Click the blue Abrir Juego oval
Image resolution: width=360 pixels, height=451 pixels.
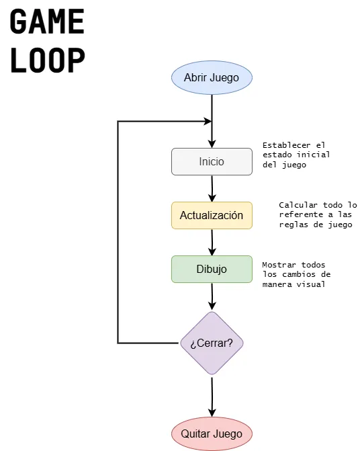click(x=212, y=77)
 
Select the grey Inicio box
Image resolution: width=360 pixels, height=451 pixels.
click(x=212, y=162)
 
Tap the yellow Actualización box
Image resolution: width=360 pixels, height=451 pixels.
click(x=212, y=216)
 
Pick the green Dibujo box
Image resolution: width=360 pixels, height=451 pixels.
click(x=212, y=269)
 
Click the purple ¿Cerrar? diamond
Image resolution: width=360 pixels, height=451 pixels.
click(x=212, y=343)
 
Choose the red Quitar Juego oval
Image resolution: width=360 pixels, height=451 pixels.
click(x=212, y=434)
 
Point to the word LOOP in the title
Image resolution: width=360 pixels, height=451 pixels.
click(x=47, y=60)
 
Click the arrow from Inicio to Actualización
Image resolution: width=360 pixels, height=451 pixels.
click(x=212, y=188)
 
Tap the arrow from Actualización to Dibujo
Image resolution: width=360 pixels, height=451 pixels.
click(x=212, y=242)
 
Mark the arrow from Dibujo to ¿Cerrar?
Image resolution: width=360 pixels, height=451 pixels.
click(x=212, y=296)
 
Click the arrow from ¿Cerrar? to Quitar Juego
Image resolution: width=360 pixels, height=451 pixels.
click(x=212, y=397)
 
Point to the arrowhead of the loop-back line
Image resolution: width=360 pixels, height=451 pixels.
click(x=207, y=122)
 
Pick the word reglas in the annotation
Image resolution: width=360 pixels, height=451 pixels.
click(x=293, y=225)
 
